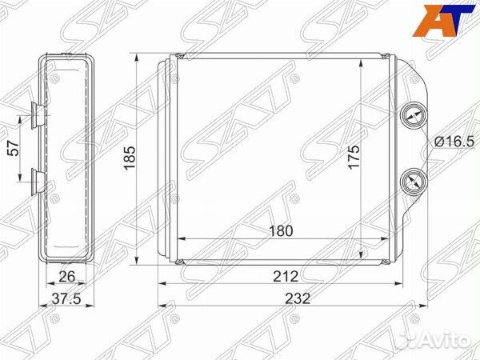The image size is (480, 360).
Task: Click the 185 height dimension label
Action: (x=129, y=158)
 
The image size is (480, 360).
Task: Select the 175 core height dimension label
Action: (x=354, y=157)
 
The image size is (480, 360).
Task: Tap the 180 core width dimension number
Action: (x=281, y=231)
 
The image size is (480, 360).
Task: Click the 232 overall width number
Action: (x=298, y=298)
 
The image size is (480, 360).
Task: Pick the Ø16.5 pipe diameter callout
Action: (x=454, y=142)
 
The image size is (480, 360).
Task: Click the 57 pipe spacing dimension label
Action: (x=14, y=149)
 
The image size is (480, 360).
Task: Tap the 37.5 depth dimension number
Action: (x=66, y=298)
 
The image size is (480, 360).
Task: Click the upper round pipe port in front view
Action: (x=414, y=117)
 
